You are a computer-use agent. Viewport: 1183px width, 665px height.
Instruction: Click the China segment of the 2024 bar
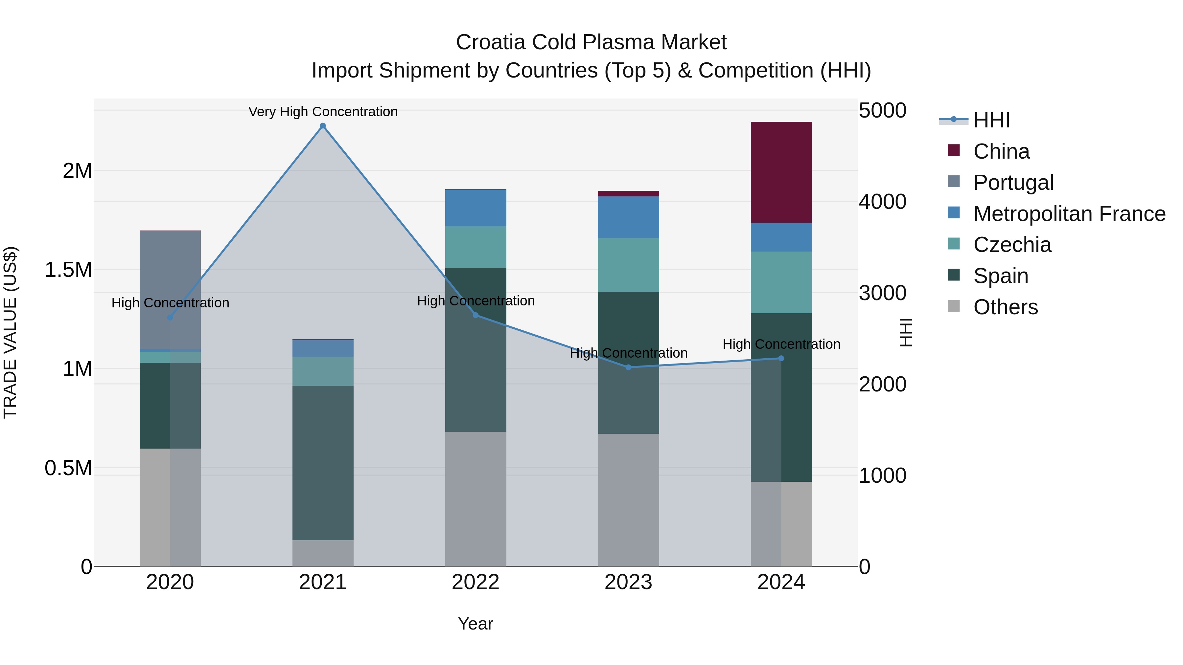point(781,172)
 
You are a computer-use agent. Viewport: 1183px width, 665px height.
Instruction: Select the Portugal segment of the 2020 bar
point(170,289)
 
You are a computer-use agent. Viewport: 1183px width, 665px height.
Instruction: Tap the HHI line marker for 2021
point(323,126)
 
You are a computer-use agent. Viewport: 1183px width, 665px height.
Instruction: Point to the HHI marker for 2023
point(628,367)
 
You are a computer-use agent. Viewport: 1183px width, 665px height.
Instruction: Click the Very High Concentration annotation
point(323,112)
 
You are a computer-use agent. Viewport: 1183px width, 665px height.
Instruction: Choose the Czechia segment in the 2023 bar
point(628,265)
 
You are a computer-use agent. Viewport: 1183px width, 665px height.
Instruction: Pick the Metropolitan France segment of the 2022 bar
point(476,208)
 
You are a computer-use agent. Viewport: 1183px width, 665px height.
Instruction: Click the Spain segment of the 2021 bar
point(323,463)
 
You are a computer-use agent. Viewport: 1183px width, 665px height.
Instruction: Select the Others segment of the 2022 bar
point(476,499)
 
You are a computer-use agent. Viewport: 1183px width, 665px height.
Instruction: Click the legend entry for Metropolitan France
point(1069,214)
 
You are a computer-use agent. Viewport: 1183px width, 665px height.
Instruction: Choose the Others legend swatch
point(954,306)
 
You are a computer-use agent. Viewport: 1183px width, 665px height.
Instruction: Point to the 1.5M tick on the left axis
point(68,270)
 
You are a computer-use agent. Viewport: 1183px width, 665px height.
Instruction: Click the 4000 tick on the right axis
point(882,202)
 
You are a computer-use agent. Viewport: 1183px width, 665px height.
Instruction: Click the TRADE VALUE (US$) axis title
point(10,333)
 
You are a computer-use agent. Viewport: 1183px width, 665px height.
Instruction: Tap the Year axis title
point(476,624)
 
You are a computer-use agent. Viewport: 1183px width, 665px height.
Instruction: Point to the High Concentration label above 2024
point(781,344)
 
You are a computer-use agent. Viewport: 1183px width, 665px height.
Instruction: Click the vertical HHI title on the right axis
point(905,332)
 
